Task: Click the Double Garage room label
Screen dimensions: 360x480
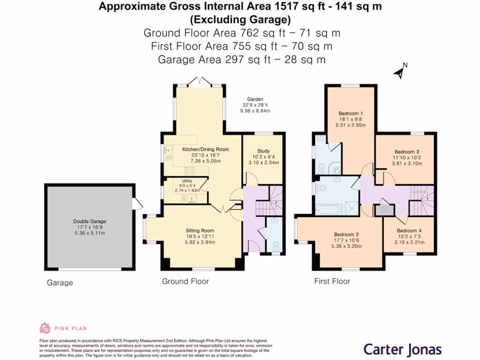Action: coord(90,221)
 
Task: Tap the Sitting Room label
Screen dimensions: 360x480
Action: coord(200,231)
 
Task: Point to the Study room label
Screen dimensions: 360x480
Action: coord(263,151)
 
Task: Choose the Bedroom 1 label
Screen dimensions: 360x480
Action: coord(351,113)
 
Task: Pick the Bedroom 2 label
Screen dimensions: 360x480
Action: coord(346,235)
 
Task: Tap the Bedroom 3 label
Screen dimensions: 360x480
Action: coord(406,152)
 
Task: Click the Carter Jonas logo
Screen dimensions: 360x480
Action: coord(403,349)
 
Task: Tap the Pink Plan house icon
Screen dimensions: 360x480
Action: coord(45,328)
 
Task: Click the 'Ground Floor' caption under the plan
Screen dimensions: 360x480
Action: coord(185,281)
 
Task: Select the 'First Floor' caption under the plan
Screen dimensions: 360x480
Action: coord(332,281)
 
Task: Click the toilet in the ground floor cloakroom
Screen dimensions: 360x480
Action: coord(276,246)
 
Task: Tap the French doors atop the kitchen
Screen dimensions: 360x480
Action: coord(200,81)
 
